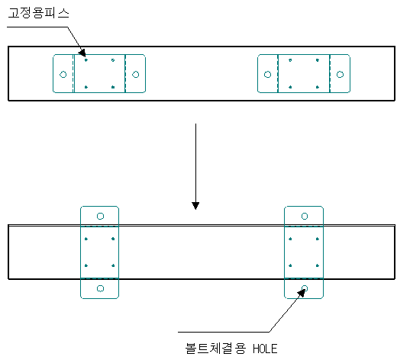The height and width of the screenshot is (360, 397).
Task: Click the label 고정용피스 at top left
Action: pos(38,13)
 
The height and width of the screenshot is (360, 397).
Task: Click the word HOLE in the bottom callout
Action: pos(265,349)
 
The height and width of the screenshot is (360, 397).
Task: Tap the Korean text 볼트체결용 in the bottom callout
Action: pos(215,349)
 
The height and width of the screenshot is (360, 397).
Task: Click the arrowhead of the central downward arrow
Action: pos(195,205)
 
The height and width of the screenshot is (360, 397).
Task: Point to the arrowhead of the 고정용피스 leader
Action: pos(82,53)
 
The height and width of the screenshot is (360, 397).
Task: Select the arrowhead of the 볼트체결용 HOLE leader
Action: pos(302,293)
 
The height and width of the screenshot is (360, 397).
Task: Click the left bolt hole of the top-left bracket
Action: pos(63,75)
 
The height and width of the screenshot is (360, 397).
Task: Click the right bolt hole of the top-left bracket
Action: pos(136,75)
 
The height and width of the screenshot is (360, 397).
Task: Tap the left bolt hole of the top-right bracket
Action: pos(267,75)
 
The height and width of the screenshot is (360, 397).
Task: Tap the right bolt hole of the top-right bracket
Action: pos(340,75)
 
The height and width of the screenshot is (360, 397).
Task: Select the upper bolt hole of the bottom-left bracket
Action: pos(100,216)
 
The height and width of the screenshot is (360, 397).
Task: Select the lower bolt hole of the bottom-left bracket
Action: pos(100,288)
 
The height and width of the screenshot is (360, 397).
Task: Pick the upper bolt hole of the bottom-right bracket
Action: pos(305,216)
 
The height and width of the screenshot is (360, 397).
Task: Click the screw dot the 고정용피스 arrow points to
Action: pos(86,60)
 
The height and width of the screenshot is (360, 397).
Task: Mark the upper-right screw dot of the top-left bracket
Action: pos(113,60)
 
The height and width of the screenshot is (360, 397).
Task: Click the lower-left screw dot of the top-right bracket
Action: pos(290,87)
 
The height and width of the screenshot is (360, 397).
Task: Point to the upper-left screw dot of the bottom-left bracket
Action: pos(86,239)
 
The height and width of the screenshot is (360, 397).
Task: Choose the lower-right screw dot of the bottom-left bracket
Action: pos(113,265)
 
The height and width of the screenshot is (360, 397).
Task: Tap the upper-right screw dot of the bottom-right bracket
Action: pos(318,239)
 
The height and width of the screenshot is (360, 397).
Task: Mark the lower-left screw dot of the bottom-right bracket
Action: pos(290,265)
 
